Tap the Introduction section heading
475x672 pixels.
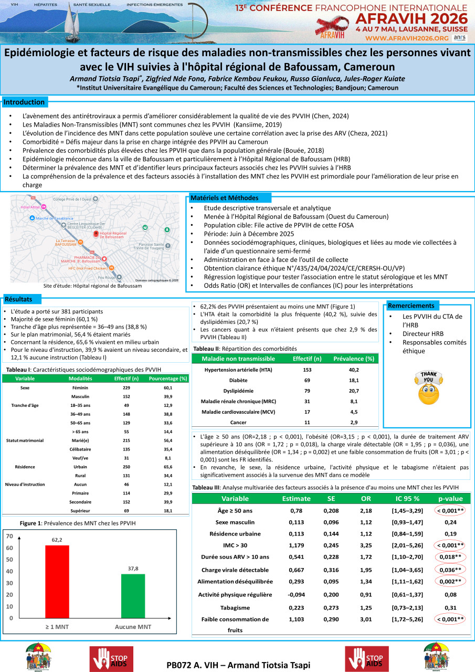[25, 102]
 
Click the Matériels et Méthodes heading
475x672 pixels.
[224, 198]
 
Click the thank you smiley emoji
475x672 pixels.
[428, 387]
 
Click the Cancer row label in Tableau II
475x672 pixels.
[238, 423]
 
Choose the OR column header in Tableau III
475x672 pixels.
[366, 498]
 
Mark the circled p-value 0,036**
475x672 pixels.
[450, 570]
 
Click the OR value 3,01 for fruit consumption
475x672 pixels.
[366, 619]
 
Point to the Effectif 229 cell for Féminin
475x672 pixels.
[126, 387]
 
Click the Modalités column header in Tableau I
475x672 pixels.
[80, 379]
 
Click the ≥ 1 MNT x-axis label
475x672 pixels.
[57, 627]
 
